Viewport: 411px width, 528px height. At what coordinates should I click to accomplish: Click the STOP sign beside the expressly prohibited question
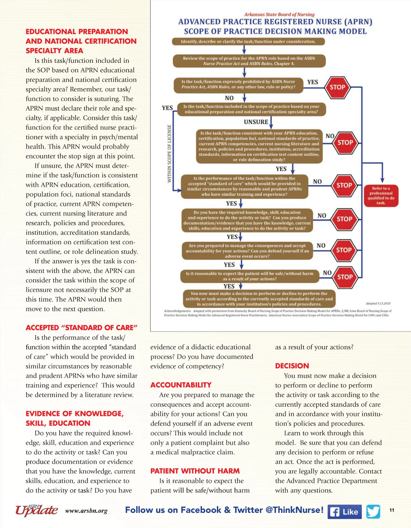coord(337,87)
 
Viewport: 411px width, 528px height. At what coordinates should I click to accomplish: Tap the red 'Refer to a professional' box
coord(381,195)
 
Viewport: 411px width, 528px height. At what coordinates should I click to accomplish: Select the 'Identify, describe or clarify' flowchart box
coord(248,41)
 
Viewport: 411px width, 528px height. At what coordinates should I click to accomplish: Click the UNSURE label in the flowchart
coord(256,122)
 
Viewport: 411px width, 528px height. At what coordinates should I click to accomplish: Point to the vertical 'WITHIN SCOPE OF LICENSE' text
coord(169,153)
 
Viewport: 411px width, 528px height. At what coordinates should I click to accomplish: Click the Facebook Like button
coord(345,512)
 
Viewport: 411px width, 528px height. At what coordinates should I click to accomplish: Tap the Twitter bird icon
coord(373,512)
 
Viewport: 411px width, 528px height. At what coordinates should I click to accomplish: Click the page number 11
coord(392,510)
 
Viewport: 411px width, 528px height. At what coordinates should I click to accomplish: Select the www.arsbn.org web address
coord(86,511)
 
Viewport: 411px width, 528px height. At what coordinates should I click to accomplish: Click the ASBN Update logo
coord(36,510)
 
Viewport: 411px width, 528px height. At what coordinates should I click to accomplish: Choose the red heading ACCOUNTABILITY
coord(181,385)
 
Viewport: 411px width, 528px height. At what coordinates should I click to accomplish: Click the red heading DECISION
coord(292,366)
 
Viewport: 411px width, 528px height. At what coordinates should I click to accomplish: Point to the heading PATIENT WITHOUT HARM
coord(195,471)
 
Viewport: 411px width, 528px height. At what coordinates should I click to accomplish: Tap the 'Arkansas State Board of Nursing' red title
coord(279,14)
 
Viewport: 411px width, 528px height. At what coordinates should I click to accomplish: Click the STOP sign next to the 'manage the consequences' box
coord(344,250)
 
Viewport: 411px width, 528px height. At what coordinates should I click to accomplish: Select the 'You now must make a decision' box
coord(259,299)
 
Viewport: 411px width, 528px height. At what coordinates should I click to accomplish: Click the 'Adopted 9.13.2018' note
coord(378,303)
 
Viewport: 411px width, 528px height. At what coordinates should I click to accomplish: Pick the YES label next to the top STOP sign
coord(312,82)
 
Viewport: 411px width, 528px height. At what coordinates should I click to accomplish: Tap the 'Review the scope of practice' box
coord(249,61)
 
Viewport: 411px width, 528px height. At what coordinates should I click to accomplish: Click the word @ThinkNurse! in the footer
coord(295,510)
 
